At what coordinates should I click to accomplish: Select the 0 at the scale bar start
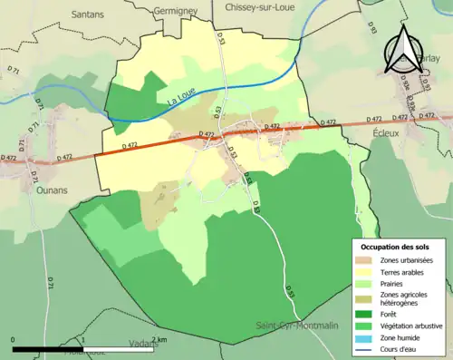14,339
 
